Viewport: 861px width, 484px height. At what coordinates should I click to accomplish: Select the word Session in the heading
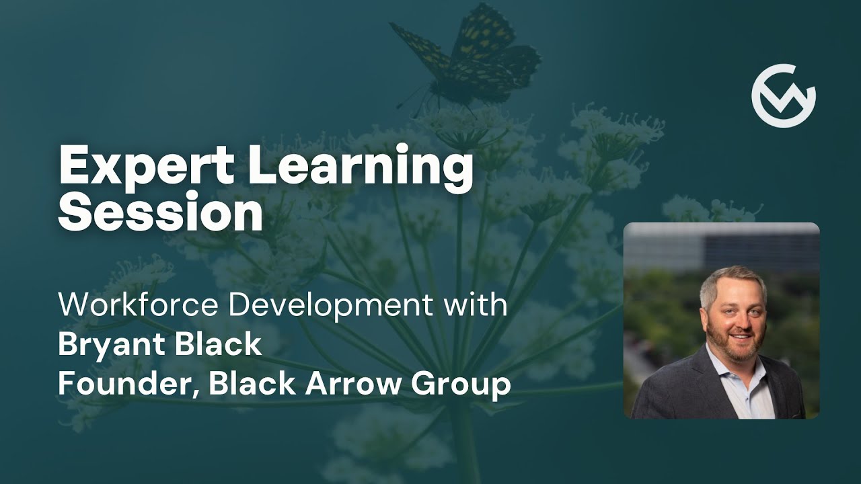coord(160,214)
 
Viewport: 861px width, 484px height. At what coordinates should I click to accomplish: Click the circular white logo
coord(784,95)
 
